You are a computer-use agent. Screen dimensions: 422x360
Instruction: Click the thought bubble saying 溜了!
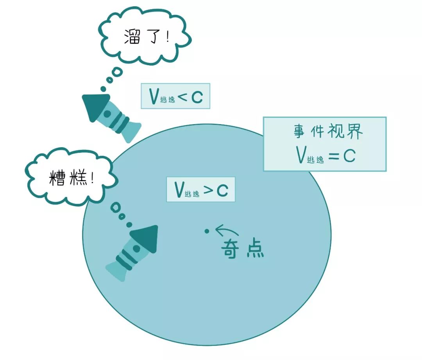pos(145,37)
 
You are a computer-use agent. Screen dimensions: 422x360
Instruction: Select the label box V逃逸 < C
pos(175,96)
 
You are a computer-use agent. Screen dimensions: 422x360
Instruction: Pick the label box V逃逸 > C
pos(201,190)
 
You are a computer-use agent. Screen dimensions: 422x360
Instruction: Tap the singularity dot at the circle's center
pos(207,231)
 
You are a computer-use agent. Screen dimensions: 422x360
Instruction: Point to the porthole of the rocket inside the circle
pos(136,248)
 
